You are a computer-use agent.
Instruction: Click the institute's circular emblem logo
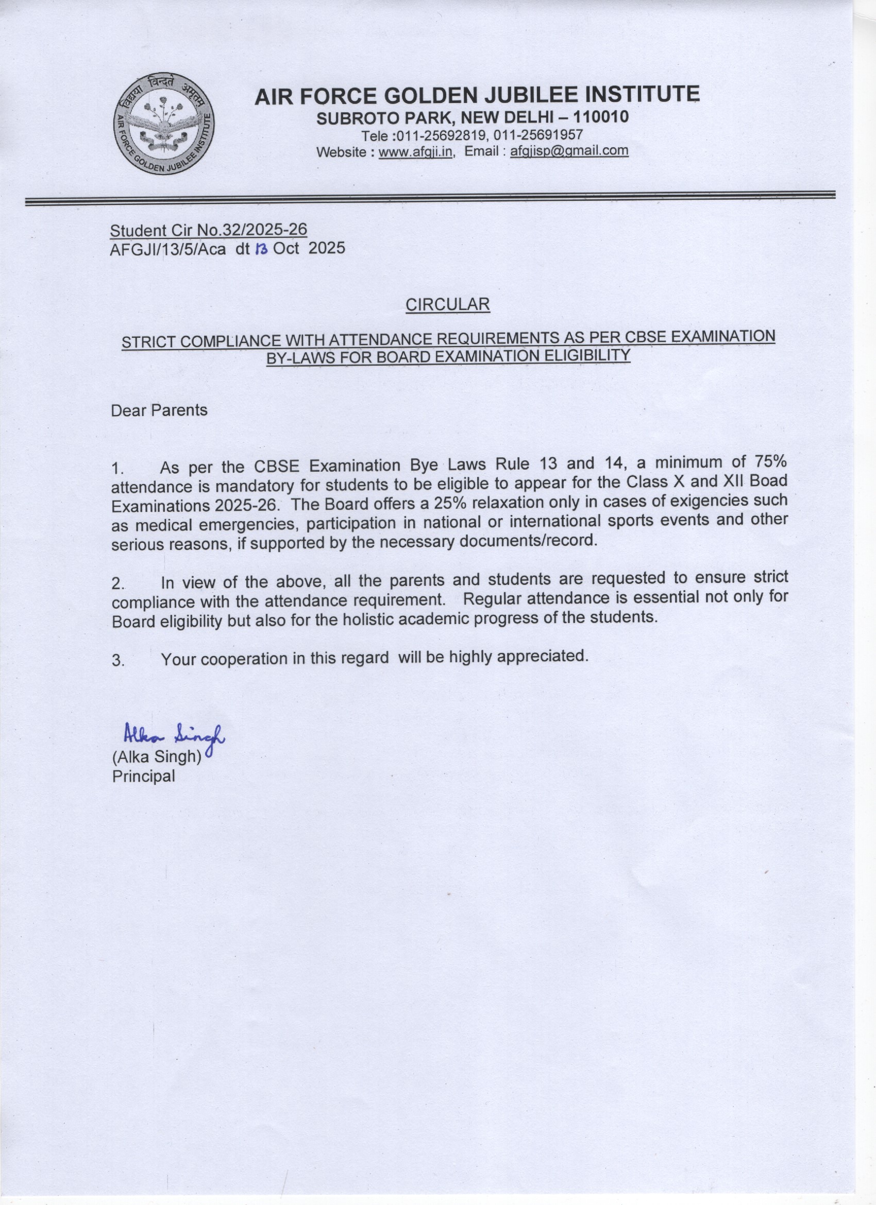pyautogui.click(x=164, y=123)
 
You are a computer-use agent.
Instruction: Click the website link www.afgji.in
pyautogui.click(x=415, y=152)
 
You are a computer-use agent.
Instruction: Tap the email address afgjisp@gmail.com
pyautogui.click(x=569, y=151)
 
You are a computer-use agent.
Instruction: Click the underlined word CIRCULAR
pyautogui.click(x=447, y=304)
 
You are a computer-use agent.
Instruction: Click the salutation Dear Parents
pyautogui.click(x=159, y=410)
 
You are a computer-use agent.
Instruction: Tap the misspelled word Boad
pyautogui.click(x=769, y=481)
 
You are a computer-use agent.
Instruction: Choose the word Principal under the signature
pyautogui.click(x=143, y=776)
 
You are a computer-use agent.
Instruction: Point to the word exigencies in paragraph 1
pyautogui.click(x=709, y=501)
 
